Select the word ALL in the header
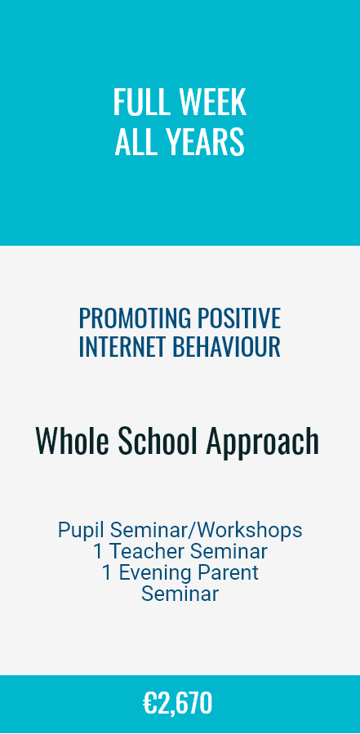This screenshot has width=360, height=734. pos(135,141)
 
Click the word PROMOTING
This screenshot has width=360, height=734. pos(135,318)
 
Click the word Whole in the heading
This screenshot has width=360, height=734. pos(73,441)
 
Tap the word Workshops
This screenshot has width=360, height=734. pos(249,531)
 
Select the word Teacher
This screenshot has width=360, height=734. pos(147,551)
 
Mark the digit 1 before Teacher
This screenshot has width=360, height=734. pos(98,551)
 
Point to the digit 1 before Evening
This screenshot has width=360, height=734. pos(107,573)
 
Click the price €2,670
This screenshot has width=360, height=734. pos(177,704)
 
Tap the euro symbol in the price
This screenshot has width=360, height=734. pos(150,703)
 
